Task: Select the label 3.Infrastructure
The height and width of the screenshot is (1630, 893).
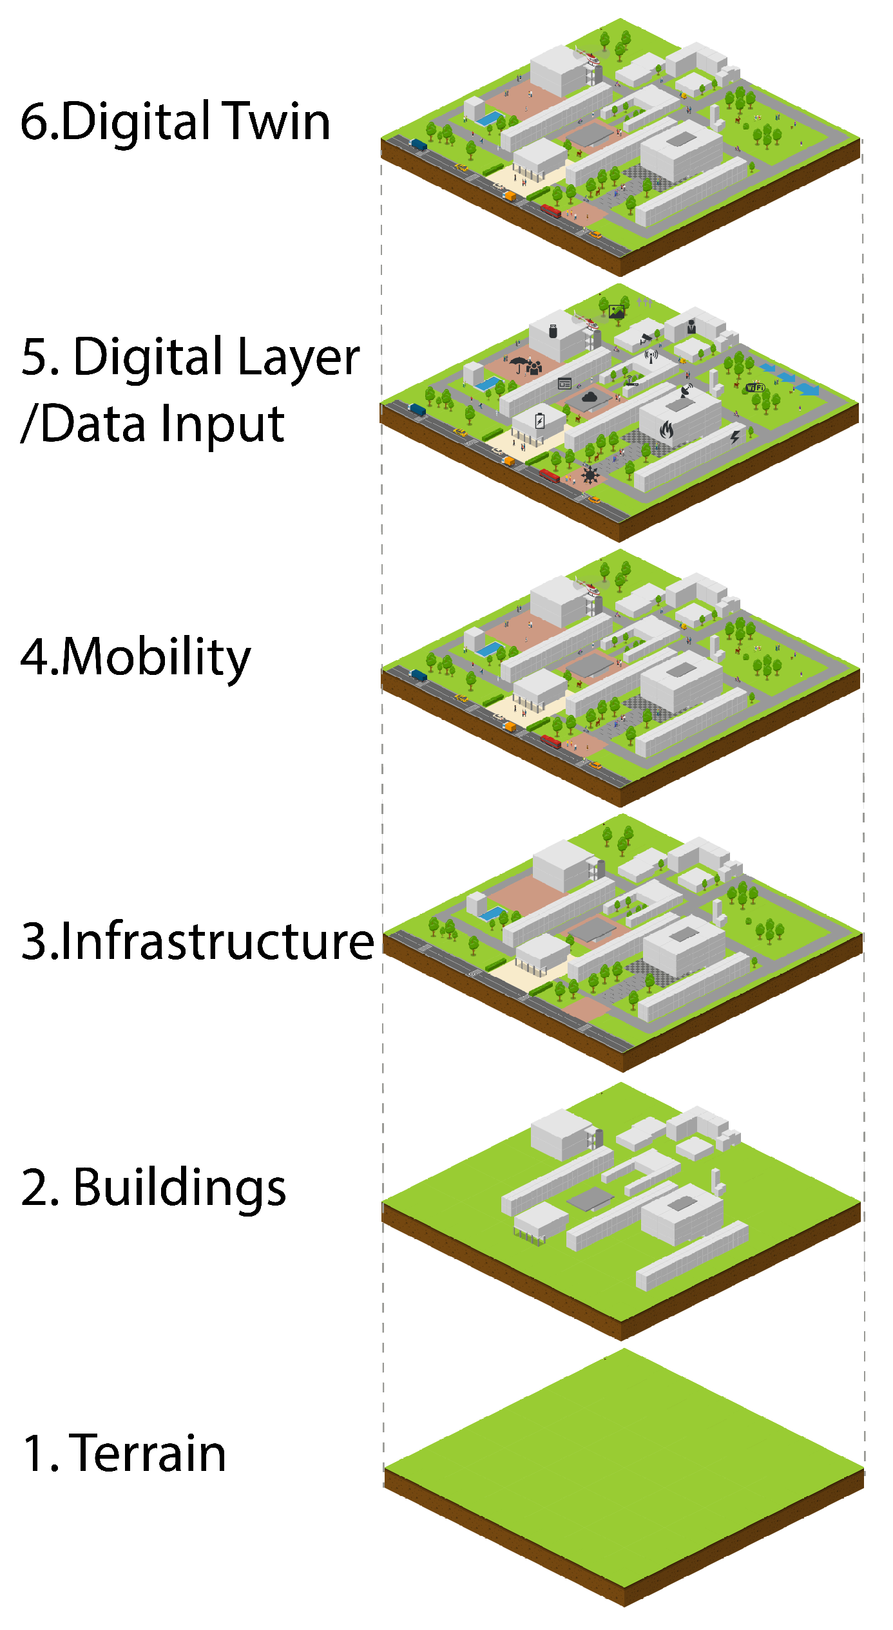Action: click(197, 941)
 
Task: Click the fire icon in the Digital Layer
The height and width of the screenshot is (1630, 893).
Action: click(667, 428)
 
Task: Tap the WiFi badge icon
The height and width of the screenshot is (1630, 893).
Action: click(754, 388)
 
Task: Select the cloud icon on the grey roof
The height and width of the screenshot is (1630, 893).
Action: click(589, 397)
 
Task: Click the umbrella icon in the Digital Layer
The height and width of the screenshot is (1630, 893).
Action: click(519, 364)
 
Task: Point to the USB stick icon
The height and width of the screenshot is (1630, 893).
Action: click(553, 331)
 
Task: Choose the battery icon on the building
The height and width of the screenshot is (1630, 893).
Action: click(540, 421)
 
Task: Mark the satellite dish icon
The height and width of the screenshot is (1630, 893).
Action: click(687, 390)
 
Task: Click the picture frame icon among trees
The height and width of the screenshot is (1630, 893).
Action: click(617, 312)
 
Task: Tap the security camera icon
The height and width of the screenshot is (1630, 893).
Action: click(646, 338)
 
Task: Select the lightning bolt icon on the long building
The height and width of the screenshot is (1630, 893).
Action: click(735, 437)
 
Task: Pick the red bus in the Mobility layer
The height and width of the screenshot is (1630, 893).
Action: click(550, 741)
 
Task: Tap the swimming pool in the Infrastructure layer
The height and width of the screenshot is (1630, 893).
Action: click(493, 913)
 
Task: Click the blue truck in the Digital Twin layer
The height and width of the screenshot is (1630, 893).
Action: click(419, 144)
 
